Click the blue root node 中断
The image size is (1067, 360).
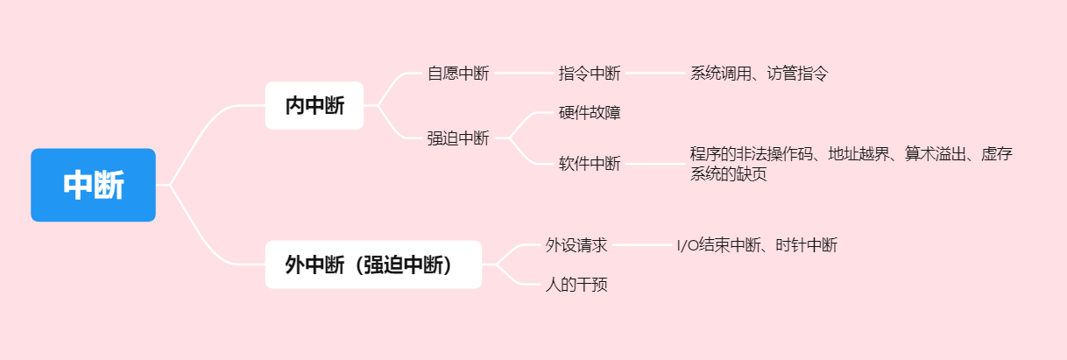tap(93, 185)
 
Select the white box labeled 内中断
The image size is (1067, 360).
tap(314, 106)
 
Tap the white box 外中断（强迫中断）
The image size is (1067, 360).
tap(372, 265)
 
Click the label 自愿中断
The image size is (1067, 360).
tap(457, 74)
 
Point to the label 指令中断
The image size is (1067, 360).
tap(589, 74)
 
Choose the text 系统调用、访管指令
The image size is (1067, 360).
tap(759, 74)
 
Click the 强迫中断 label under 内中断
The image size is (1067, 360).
tap(457, 138)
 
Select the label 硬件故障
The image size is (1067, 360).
tap(589, 112)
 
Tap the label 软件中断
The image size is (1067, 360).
tap(589, 164)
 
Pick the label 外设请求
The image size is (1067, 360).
tap(576, 245)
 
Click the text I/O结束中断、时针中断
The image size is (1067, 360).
tap(757, 245)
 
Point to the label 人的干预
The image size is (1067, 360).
tap(576, 285)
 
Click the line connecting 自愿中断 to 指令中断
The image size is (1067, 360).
tap(523, 74)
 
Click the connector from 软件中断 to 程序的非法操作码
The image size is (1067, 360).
tap(654, 164)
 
